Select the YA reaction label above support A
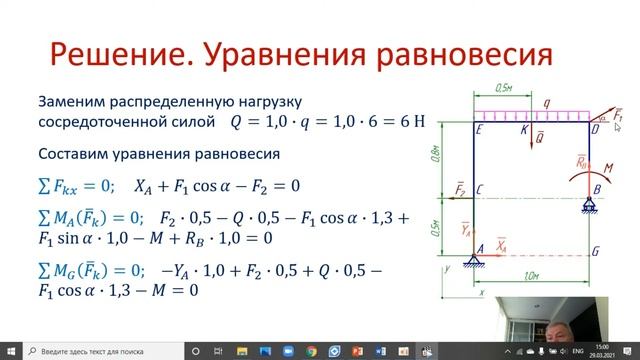465,229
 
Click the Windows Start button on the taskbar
9,350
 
